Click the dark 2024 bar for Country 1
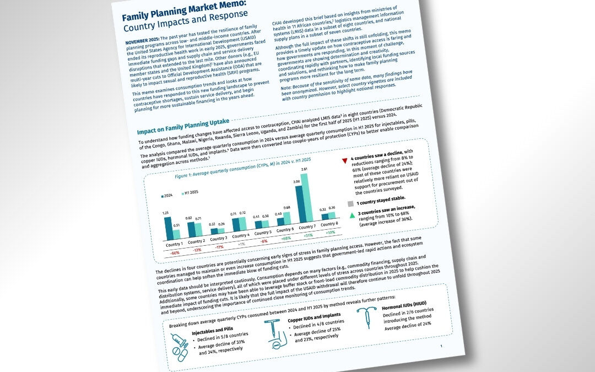[x=168, y=228]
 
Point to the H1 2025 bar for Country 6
[x=286, y=219]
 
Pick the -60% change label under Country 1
[x=175, y=252]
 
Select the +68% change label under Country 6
[x=286, y=239]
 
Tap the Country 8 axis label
[x=329, y=224]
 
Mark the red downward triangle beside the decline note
[x=345, y=160]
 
